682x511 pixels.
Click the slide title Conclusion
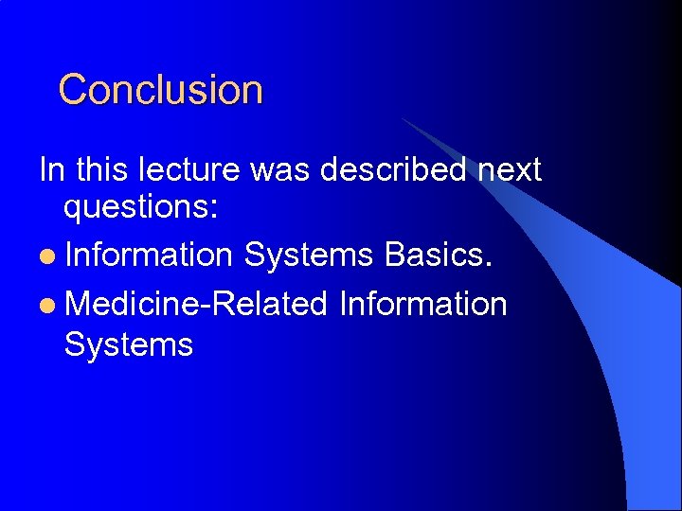(160, 90)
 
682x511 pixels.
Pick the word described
(392, 170)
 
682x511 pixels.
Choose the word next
(509, 171)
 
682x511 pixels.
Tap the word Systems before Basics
(309, 255)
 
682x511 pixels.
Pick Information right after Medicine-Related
(422, 304)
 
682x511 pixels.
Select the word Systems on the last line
(128, 344)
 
